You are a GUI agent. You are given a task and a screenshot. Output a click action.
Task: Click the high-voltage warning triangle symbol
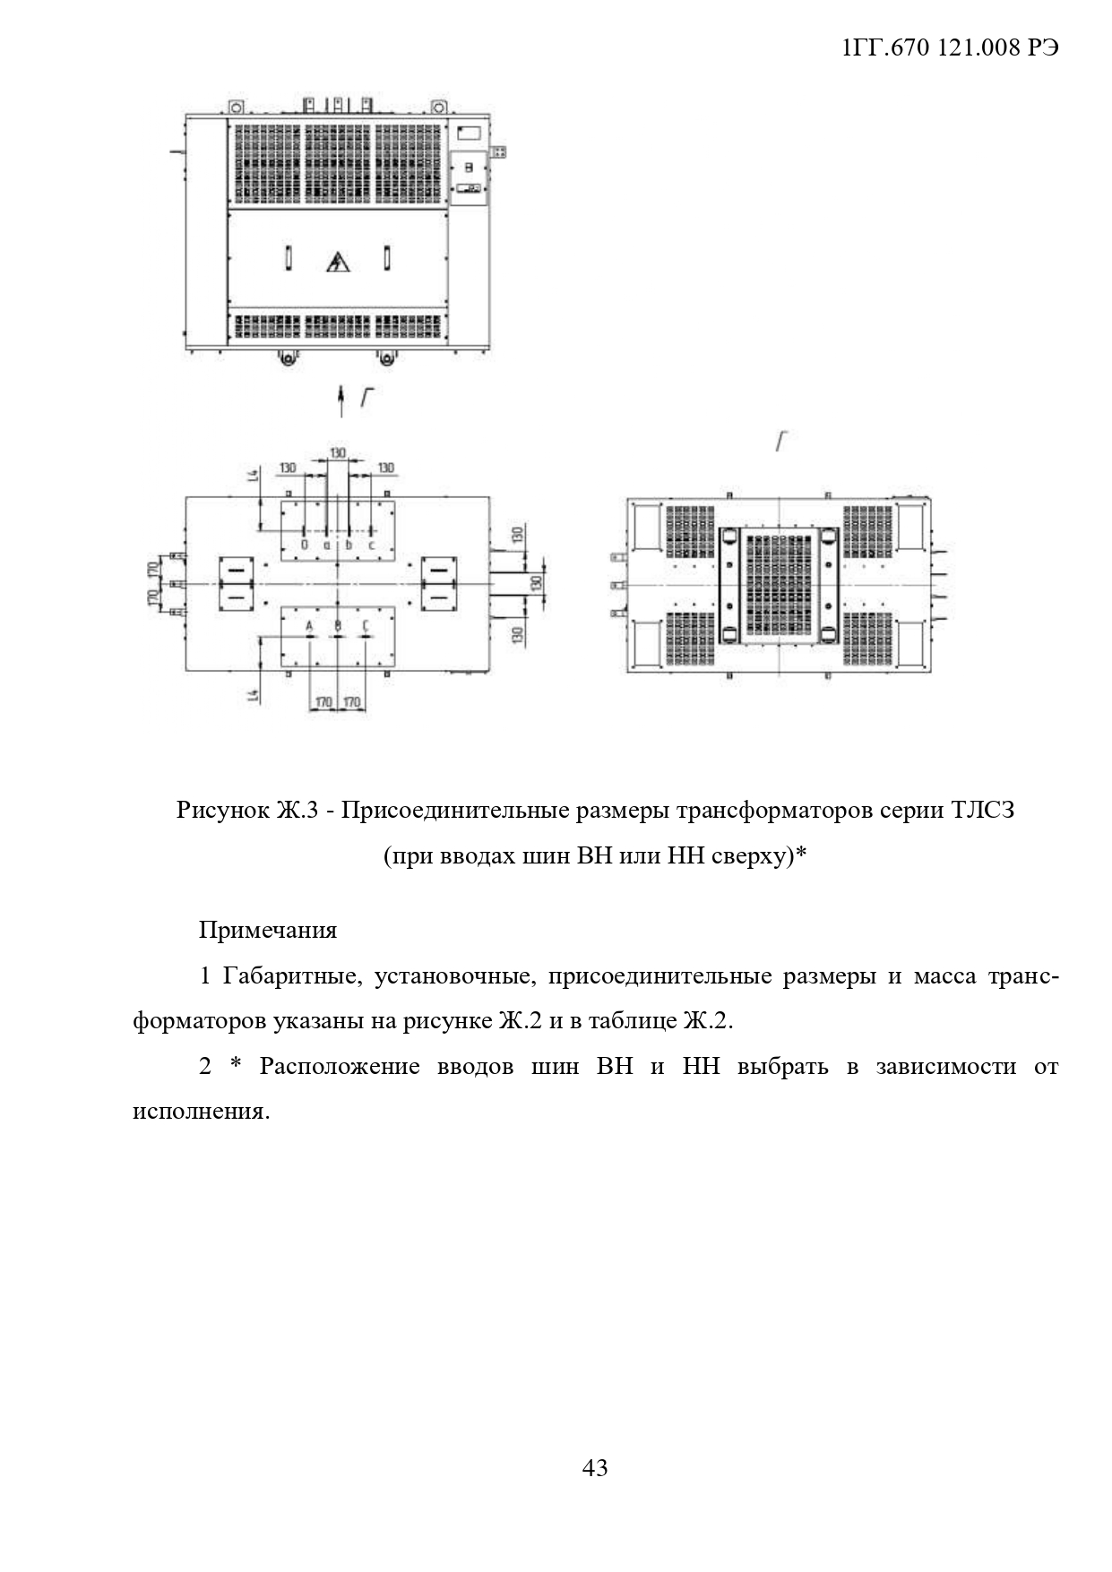click(x=338, y=262)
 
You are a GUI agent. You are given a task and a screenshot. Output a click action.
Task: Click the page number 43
click(x=595, y=1467)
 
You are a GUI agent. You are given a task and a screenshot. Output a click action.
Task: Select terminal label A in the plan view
click(x=309, y=624)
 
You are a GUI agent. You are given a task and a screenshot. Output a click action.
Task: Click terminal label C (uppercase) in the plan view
click(x=366, y=624)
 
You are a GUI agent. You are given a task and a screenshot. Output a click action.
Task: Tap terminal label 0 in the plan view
click(x=305, y=544)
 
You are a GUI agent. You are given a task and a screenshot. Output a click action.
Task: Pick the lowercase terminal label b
click(x=349, y=544)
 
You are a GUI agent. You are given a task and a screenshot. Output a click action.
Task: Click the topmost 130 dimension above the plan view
click(x=337, y=453)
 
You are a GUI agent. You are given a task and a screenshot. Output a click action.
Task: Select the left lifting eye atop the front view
click(x=236, y=106)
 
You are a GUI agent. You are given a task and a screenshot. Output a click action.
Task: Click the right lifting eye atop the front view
click(x=438, y=106)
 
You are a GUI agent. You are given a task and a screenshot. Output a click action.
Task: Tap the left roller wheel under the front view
click(x=288, y=358)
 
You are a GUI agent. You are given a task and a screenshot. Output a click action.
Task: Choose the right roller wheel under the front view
click(x=386, y=358)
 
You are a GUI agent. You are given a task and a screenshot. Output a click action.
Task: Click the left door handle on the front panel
click(x=288, y=258)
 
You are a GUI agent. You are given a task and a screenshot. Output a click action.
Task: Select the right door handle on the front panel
click(x=386, y=258)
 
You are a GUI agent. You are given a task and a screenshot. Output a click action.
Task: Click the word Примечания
click(x=268, y=930)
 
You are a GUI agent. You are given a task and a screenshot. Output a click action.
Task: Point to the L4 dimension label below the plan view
click(x=254, y=694)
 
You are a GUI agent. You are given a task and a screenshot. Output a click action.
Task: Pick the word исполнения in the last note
click(x=199, y=1112)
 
